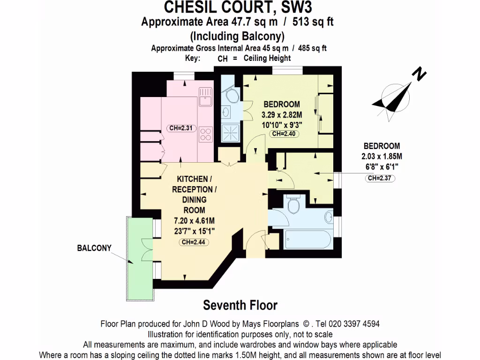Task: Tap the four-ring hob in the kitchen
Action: pyautogui.click(x=205, y=135)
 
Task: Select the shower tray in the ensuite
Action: pyautogui.click(x=230, y=132)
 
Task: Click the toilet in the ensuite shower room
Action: pyautogui.click(x=232, y=97)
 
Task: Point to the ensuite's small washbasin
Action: pyautogui.click(x=226, y=112)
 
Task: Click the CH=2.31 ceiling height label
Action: pyautogui.click(x=181, y=128)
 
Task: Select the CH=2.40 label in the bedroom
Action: pyautogui.click(x=283, y=134)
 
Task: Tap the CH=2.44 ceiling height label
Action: pyautogui.click(x=194, y=242)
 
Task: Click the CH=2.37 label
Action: pyautogui.click(x=380, y=178)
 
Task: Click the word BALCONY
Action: pyautogui.click(x=94, y=248)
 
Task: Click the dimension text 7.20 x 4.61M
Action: pyautogui.click(x=194, y=220)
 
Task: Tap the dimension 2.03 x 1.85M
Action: pyautogui.click(x=380, y=156)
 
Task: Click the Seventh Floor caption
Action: pyautogui.click(x=240, y=305)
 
